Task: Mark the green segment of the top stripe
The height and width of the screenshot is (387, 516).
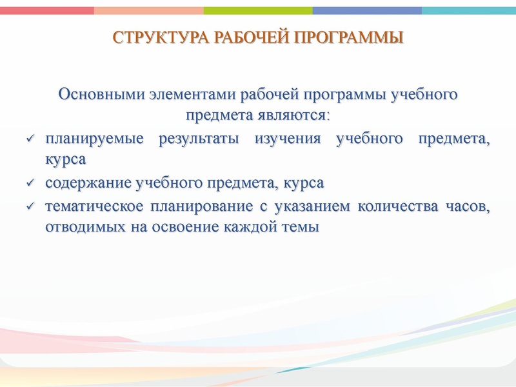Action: click(x=258, y=10)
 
